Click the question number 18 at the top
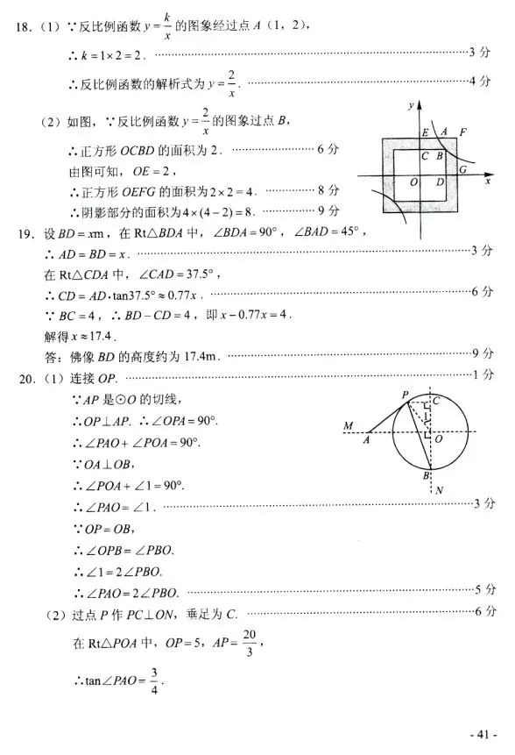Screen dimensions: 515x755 (22, 27)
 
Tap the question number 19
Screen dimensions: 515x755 (22, 233)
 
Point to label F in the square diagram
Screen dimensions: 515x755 (462, 133)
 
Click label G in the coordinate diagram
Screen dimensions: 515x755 (462, 170)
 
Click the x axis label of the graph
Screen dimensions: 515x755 (487, 184)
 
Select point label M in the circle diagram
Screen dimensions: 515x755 (349, 426)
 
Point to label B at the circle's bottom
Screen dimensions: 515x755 (425, 476)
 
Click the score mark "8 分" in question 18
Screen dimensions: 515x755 (329, 190)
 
